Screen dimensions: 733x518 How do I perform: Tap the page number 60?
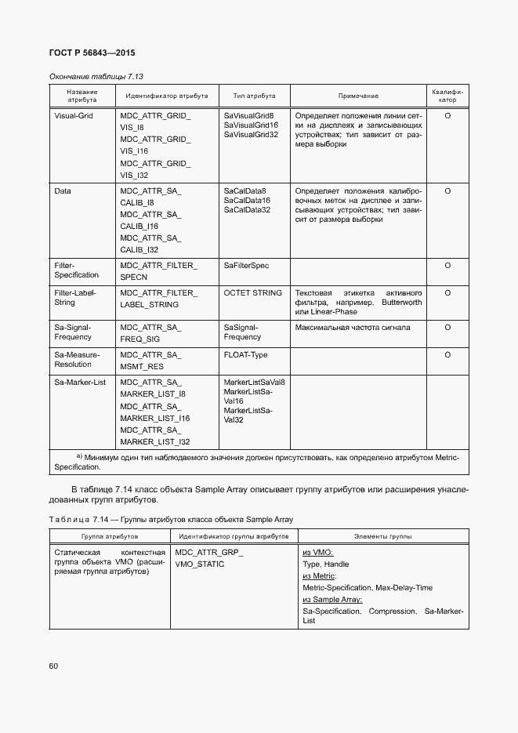pyautogui.click(x=54, y=666)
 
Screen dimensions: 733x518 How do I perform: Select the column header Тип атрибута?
pyautogui.click(x=255, y=96)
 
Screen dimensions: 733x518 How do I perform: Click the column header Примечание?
pyautogui.click(x=358, y=96)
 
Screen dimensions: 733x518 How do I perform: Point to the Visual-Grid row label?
pyautogui.click(x=74, y=115)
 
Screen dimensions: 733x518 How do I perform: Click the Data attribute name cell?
pyautogui.click(x=63, y=191)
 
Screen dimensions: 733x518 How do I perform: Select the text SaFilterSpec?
pyautogui.click(x=246, y=266)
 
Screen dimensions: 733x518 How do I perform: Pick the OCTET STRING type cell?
pyautogui.click(x=252, y=292)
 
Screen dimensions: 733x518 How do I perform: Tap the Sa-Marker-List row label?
pyautogui.click(x=80, y=382)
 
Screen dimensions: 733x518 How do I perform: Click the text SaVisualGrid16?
pyautogui.click(x=251, y=125)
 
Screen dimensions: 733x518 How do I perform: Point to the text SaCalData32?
pyautogui.click(x=247, y=209)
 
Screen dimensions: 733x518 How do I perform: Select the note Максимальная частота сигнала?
pyautogui.click(x=353, y=327)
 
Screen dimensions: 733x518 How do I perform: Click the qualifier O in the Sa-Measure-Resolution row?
pyautogui.click(x=447, y=354)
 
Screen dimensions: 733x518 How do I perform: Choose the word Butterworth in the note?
pyautogui.click(x=401, y=302)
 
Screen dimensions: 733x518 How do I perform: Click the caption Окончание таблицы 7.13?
pyautogui.click(x=96, y=76)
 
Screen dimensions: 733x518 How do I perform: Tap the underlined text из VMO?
pyautogui.click(x=317, y=552)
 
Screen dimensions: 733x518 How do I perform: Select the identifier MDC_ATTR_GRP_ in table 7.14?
pyautogui.click(x=209, y=552)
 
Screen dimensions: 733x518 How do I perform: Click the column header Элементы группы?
pyautogui.click(x=383, y=536)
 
